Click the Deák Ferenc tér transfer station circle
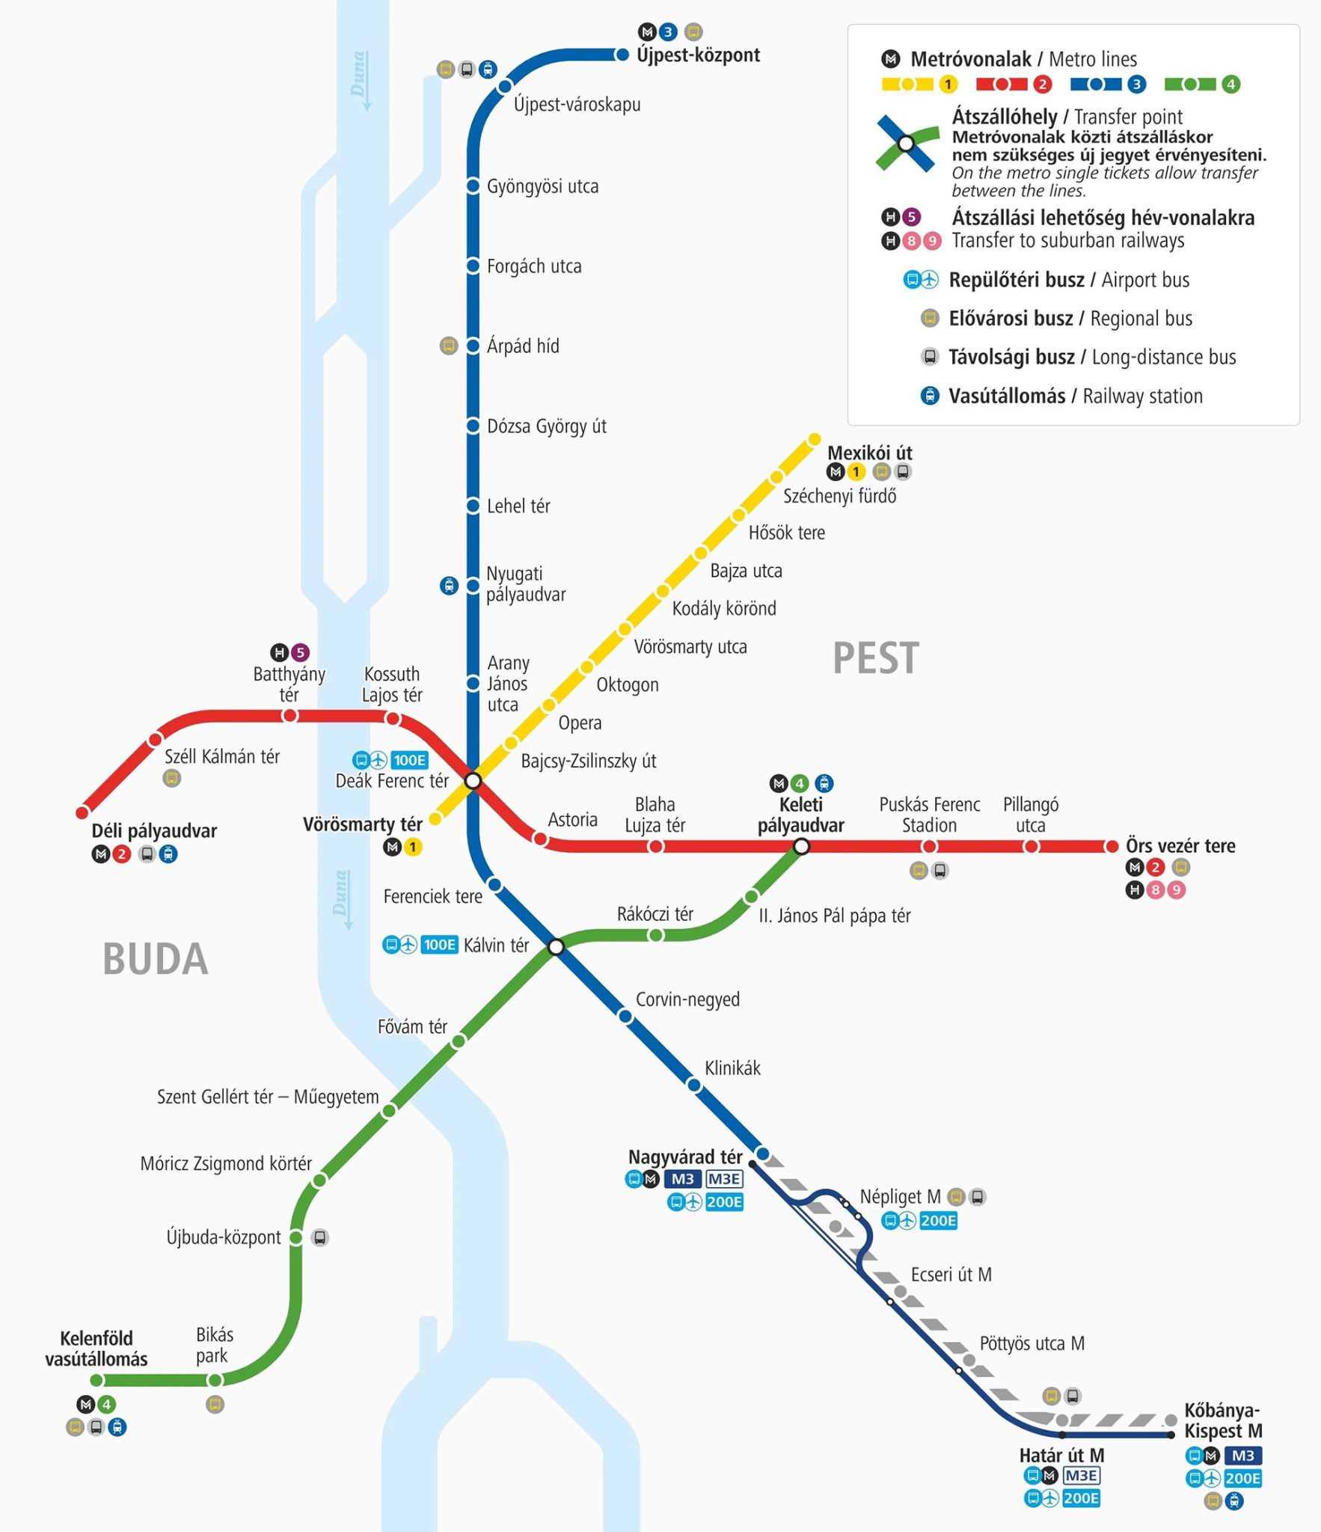coord(473,781)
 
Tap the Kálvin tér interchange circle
coord(556,947)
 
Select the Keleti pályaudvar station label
coord(800,815)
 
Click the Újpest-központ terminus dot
coord(622,55)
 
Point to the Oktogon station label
coord(627,684)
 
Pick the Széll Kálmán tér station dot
coord(156,740)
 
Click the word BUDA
coord(155,959)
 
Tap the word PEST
coord(875,658)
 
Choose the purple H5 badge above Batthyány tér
coord(300,652)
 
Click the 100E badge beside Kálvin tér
coord(439,945)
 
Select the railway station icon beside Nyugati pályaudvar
coord(449,585)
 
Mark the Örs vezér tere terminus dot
coord(1112,846)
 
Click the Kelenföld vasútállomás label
coord(96,1348)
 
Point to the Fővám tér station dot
coord(459,1041)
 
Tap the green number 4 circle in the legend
coord(1230,85)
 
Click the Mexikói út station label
coord(869,453)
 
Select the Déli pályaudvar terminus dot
coord(82,812)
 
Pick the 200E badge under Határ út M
coord(1081,1498)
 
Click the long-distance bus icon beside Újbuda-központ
coord(320,1237)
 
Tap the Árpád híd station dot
coord(473,346)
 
